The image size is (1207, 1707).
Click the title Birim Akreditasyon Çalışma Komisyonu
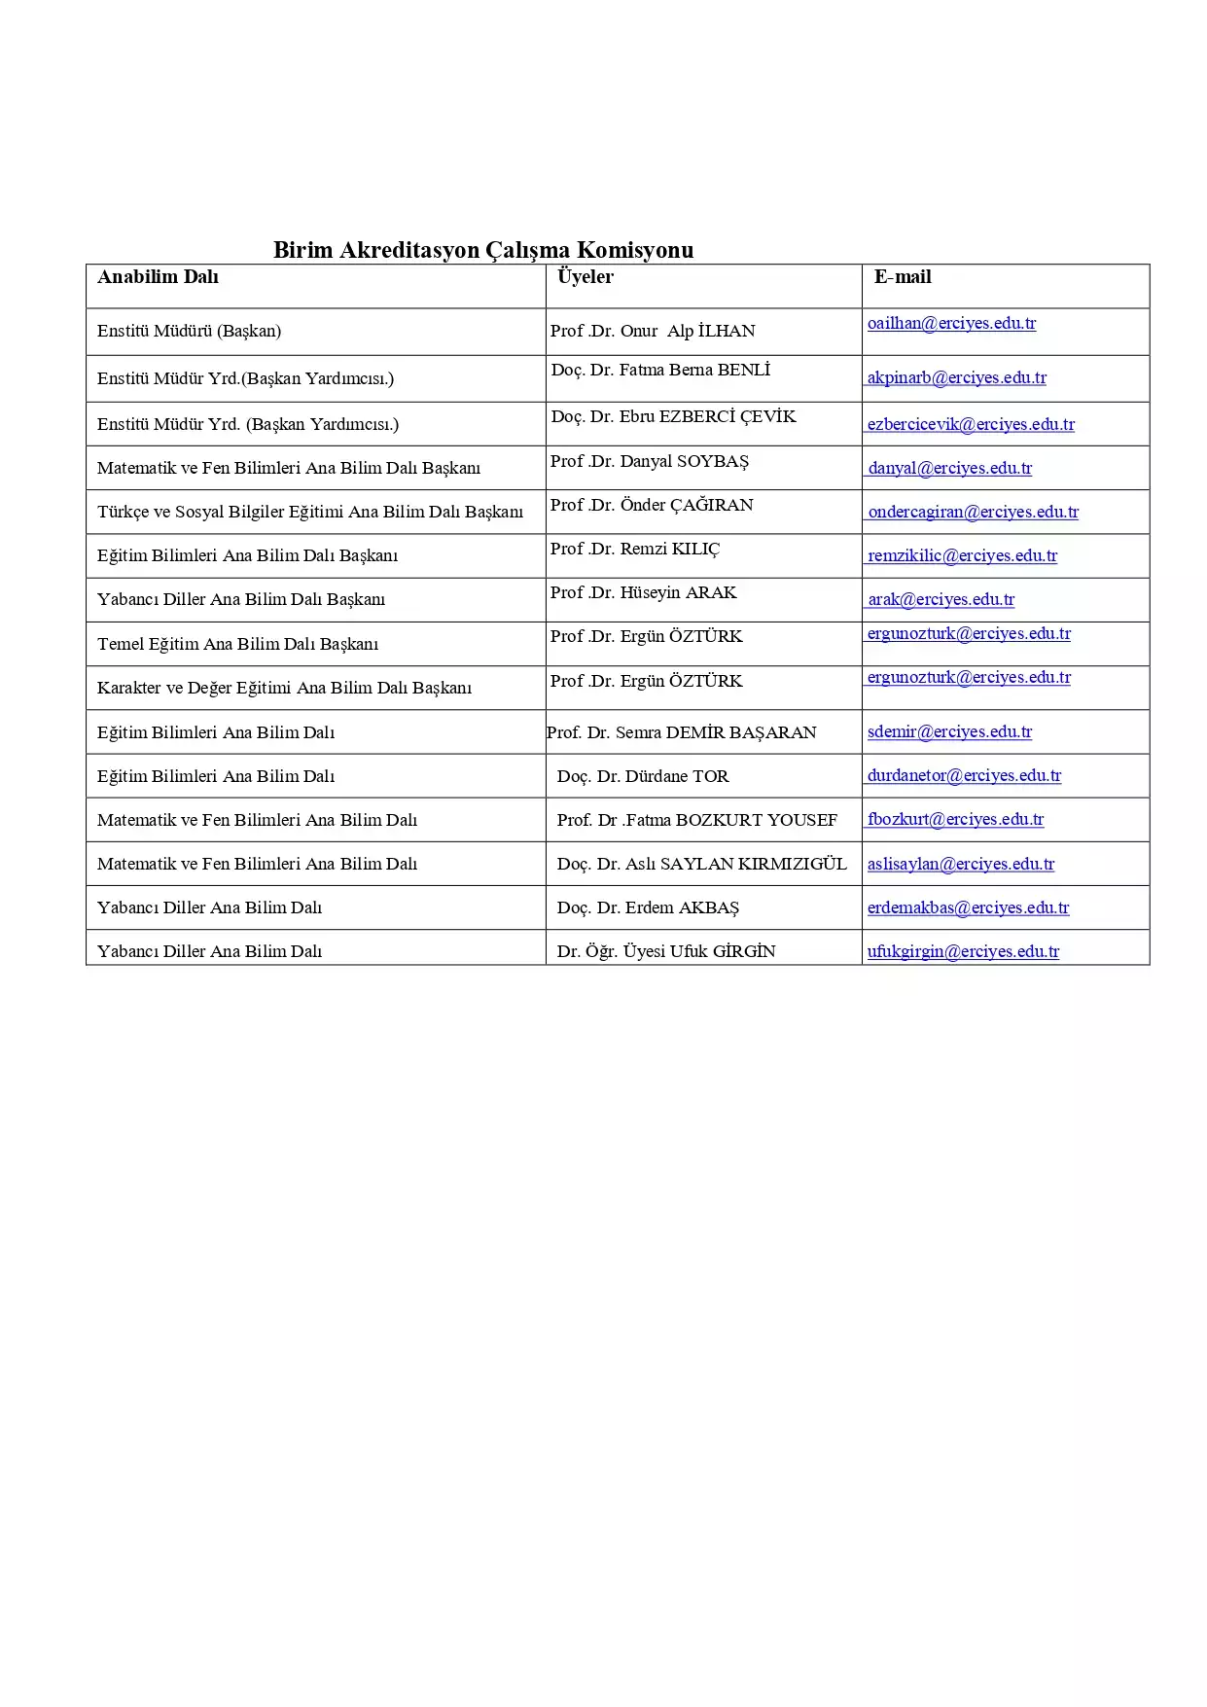click(482, 250)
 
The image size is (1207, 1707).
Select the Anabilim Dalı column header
click(158, 277)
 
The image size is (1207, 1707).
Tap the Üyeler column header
click(586, 277)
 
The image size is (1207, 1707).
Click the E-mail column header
click(903, 277)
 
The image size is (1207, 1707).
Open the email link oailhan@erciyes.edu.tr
click(951, 324)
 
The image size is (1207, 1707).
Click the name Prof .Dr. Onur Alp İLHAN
click(653, 331)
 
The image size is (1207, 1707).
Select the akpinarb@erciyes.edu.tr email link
click(956, 377)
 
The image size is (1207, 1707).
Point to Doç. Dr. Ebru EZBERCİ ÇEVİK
click(673, 417)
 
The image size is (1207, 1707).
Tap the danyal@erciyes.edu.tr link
click(949, 468)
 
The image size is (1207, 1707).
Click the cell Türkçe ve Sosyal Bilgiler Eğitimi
click(309, 512)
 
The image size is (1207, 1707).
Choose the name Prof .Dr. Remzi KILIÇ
click(635, 550)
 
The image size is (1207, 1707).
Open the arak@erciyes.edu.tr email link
click(941, 599)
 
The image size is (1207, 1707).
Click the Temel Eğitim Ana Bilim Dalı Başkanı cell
click(237, 644)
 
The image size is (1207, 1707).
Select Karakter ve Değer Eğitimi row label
click(284, 688)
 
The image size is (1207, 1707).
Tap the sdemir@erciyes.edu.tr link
click(949, 731)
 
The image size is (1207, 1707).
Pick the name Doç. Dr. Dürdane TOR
click(642, 776)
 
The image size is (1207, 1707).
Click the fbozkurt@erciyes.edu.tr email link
click(955, 819)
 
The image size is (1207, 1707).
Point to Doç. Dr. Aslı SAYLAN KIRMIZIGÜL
click(701, 864)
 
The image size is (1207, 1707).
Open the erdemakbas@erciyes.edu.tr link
click(968, 907)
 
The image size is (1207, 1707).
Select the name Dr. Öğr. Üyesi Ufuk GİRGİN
click(666, 951)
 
